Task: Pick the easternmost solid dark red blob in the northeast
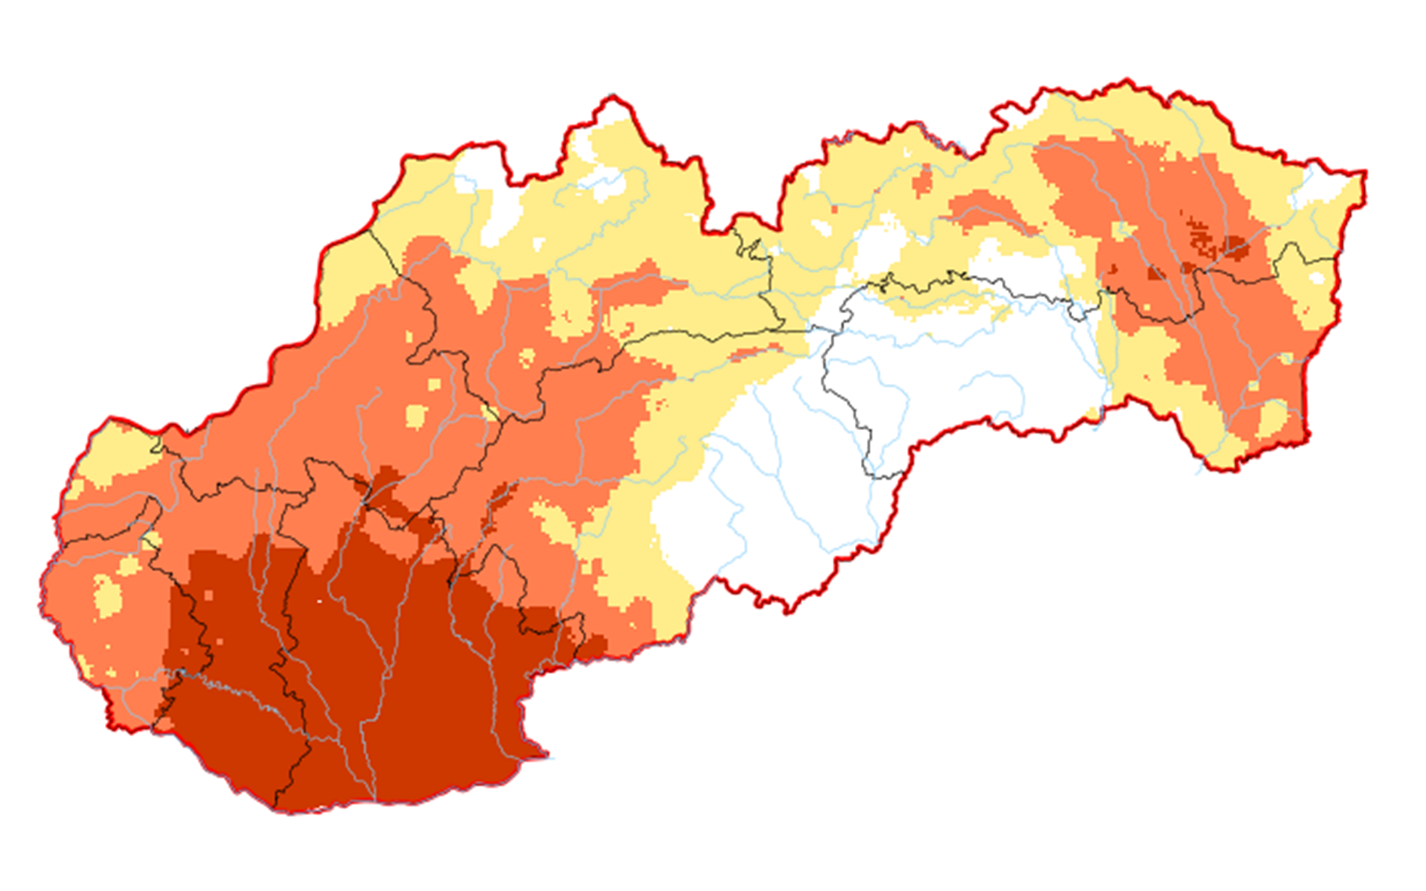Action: (1234, 244)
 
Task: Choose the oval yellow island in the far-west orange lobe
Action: (107, 596)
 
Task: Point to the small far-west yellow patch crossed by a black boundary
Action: (152, 540)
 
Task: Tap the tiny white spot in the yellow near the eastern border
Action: (1317, 278)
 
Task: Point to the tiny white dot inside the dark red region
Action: (319, 601)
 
